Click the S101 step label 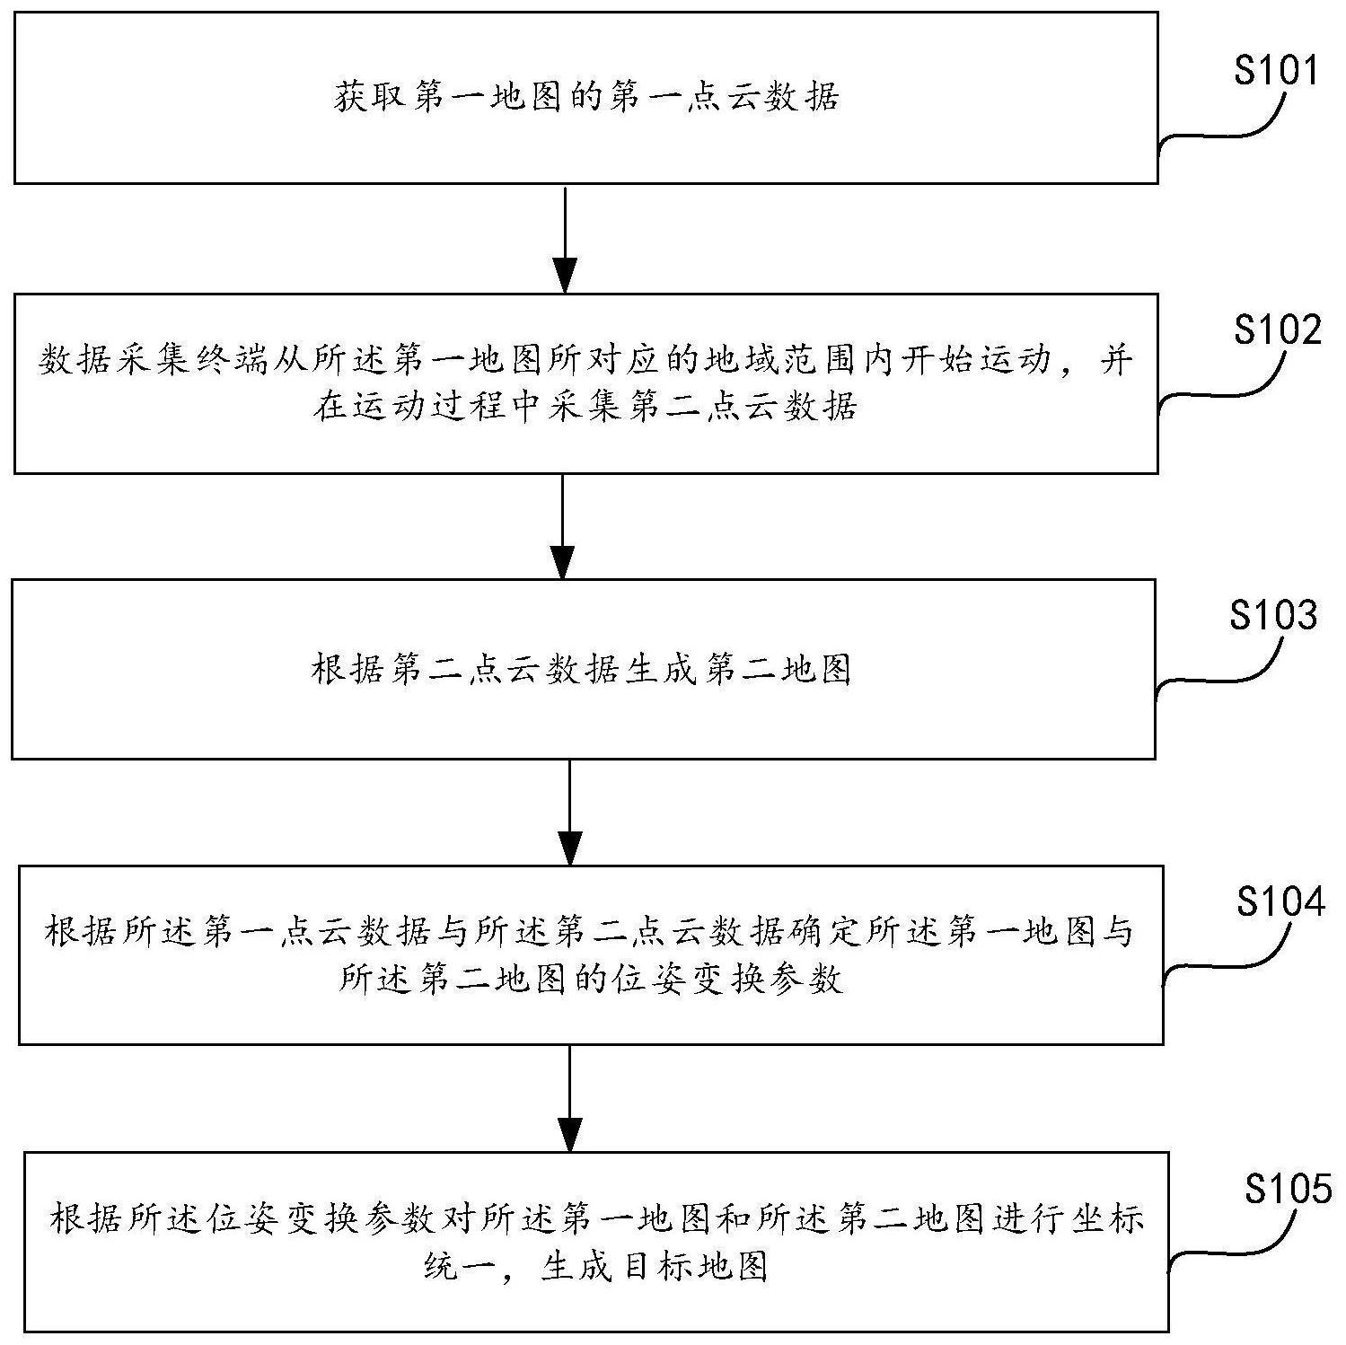(x=1275, y=70)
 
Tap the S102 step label (x=1277, y=330)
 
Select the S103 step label (x=1273, y=615)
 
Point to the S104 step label (x=1280, y=901)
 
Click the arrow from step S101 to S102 (x=564, y=238)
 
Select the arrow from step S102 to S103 (x=562, y=525)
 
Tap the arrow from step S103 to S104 (x=570, y=812)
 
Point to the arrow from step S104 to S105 (x=570, y=1097)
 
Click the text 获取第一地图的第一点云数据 (x=585, y=97)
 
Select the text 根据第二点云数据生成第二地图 (x=581, y=669)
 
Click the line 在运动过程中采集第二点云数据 (x=585, y=407)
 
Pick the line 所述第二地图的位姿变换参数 (x=590, y=979)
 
